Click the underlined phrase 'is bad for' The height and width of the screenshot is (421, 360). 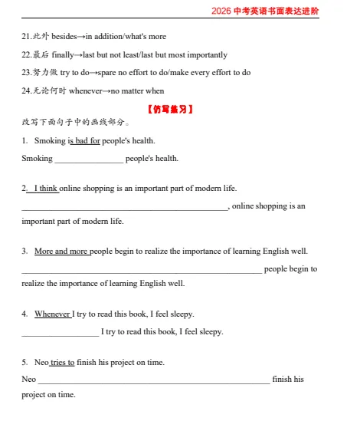pyautogui.click(x=84, y=140)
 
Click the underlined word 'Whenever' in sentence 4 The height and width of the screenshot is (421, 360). pyautogui.click(x=53, y=314)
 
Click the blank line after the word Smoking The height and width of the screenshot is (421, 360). pyautogui.click(x=89, y=159)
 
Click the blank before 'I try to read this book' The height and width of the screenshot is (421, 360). pyautogui.click(x=61, y=332)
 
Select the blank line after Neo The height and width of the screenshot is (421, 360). pyautogui.click(x=154, y=380)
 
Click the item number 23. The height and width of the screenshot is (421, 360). pyautogui.click(x=26, y=73)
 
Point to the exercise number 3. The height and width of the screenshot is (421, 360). pyautogui.click(x=25, y=251)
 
